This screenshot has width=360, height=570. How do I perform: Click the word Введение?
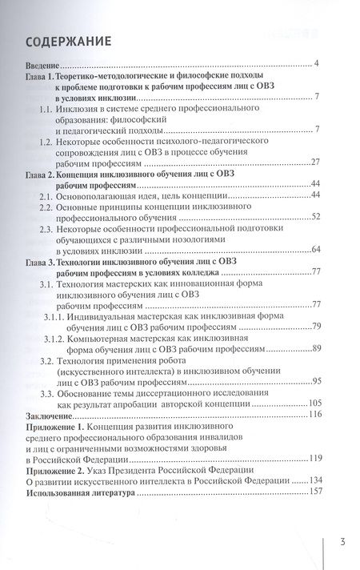point(45,64)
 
